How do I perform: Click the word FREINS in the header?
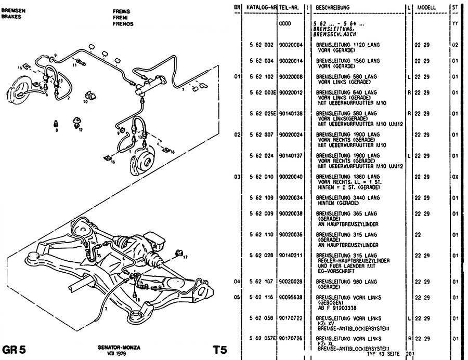coord(121,10)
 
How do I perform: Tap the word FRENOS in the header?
coord(123,24)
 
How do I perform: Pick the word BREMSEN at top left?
coord(11,10)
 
